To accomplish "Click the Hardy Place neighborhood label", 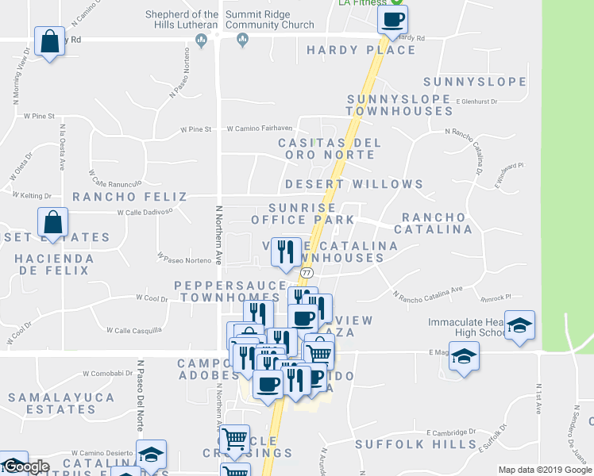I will coord(361,50).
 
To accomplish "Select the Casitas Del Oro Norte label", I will coord(329,149).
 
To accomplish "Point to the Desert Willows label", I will coord(354,184).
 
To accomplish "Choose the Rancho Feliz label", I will coord(129,197).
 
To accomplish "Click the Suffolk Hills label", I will coord(415,444).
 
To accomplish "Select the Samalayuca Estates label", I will coord(49,403).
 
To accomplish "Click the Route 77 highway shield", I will coord(307,272).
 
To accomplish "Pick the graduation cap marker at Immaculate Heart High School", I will coord(519,325).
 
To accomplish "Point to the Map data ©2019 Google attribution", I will coord(544,470).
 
